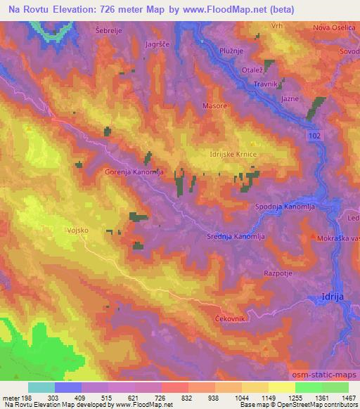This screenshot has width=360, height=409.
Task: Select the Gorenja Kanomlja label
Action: click(x=136, y=171)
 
